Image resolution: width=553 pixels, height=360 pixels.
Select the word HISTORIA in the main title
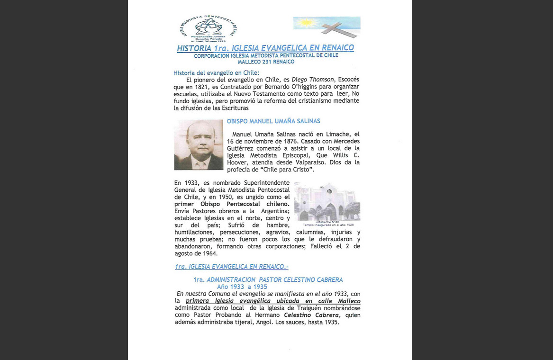point(194,48)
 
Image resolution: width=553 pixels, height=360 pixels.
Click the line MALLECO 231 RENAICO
point(266,62)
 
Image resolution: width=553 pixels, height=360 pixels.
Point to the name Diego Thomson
point(313,80)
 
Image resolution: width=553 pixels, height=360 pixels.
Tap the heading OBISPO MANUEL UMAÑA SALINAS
point(273,121)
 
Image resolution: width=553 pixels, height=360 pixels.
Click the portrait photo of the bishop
point(199,144)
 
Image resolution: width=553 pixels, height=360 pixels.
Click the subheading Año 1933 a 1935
point(242,287)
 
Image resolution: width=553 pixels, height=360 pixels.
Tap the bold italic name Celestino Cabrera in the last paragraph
point(311,315)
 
